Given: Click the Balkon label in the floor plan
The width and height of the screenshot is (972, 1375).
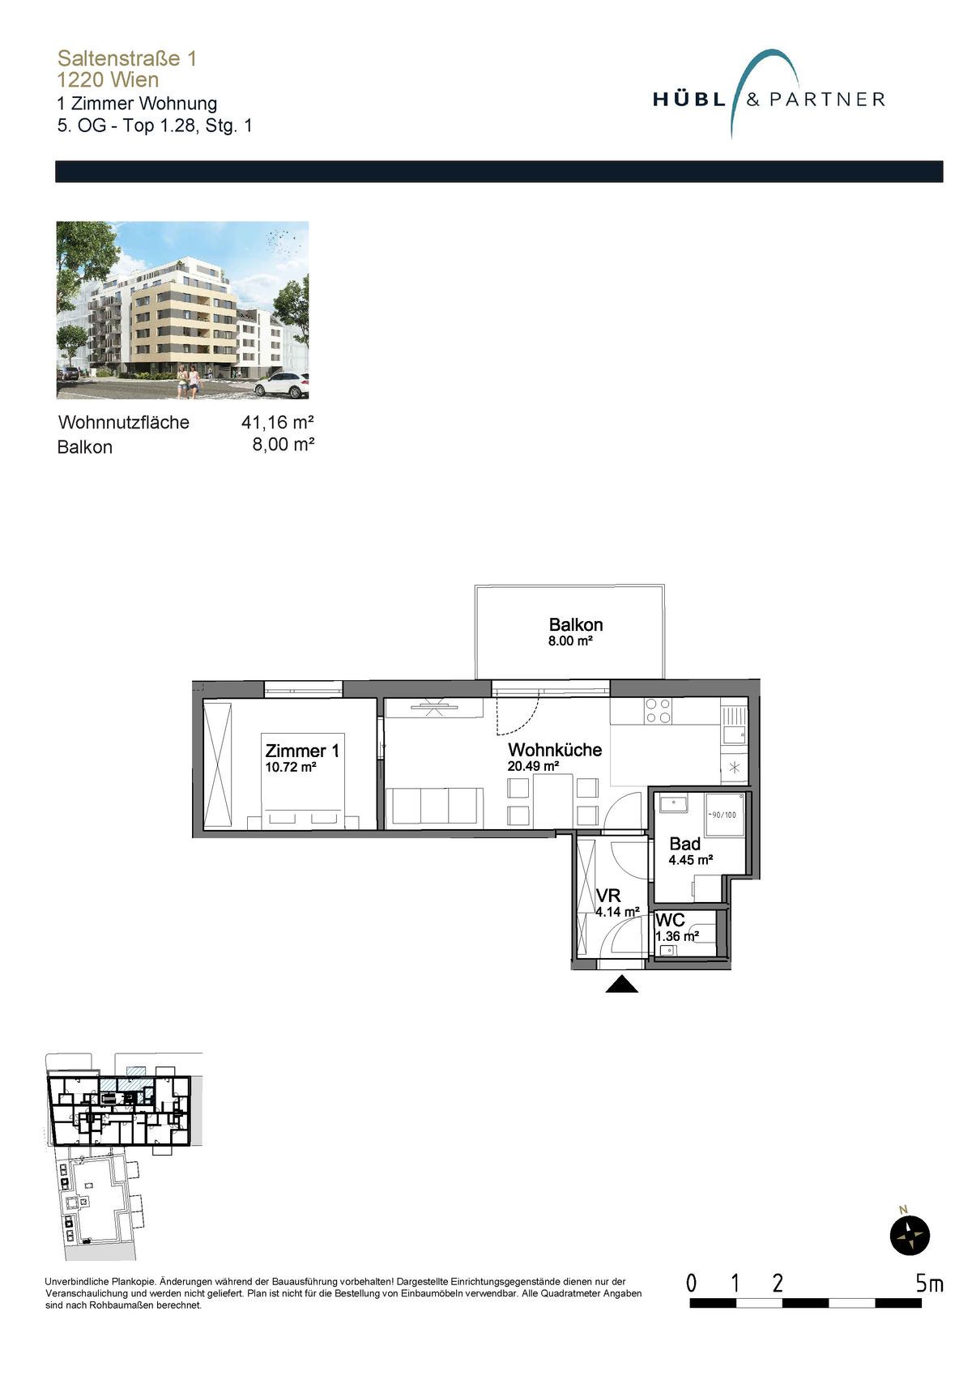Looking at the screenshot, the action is click(575, 625).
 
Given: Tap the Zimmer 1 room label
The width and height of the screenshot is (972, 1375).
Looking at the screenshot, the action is click(302, 751).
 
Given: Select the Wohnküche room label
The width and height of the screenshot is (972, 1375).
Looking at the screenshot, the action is click(555, 750).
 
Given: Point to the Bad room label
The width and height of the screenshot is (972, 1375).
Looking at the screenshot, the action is click(684, 844).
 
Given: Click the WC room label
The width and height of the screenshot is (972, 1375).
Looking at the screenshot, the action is click(670, 920).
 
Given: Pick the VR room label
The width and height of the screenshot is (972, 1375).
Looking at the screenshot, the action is click(607, 896).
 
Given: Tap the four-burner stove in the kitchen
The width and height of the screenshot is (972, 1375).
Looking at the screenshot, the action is click(658, 711).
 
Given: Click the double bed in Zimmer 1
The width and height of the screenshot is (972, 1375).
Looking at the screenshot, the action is click(303, 781).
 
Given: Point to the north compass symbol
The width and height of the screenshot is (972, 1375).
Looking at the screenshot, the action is click(910, 1234).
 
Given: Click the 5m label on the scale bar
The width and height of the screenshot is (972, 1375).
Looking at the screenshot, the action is click(929, 1284).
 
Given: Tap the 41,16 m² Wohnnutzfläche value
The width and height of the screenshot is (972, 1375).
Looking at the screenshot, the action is click(278, 422).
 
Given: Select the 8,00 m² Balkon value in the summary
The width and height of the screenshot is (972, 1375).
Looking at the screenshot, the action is click(283, 445).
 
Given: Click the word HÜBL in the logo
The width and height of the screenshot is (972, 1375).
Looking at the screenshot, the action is click(689, 100).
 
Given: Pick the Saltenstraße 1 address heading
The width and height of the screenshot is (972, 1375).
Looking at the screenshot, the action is click(127, 58).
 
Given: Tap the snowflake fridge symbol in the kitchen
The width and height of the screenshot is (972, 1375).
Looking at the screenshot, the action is click(735, 768).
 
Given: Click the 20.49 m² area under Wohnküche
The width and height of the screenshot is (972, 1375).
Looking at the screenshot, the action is click(533, 766).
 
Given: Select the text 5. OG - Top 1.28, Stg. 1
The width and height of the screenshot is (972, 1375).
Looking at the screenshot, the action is click(155, 126).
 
